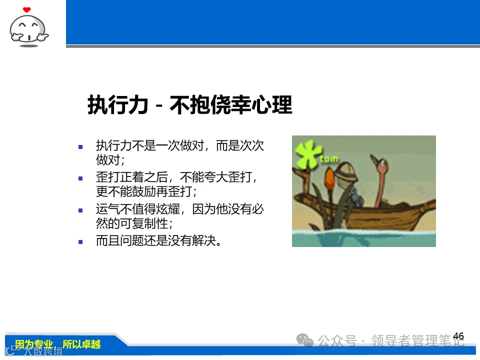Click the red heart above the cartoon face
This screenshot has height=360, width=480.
click(27, 9)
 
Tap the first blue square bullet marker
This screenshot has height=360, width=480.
click(80, 147)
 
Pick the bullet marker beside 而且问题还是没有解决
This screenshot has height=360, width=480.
click(80, 241)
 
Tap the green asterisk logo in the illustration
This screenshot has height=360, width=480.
click(306, 154)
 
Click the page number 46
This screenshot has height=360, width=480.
click(458, 336)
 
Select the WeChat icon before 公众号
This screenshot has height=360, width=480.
click(305, 340)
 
